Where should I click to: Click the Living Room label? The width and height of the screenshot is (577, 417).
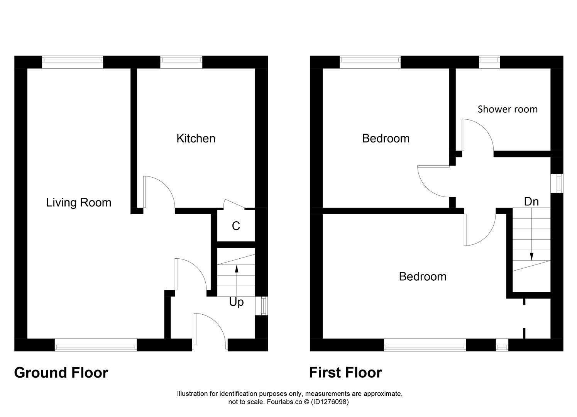click(79, 202)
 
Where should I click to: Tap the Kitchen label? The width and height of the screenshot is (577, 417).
click(196, 138)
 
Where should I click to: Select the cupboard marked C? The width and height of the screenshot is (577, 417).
click(236, 226)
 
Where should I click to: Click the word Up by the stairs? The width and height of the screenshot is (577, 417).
click(236, 302)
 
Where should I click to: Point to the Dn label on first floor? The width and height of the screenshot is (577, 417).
click(531, 201)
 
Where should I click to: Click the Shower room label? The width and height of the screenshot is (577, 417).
click(508, 109)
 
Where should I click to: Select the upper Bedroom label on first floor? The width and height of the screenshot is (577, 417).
click(386, 138)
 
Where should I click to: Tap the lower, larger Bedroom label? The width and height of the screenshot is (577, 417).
click(423, 276)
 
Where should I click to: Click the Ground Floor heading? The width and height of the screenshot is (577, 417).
click(61, 373)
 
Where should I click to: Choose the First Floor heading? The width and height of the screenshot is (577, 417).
click(345, 373)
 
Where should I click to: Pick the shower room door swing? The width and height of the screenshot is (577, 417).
click(478, 135)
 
